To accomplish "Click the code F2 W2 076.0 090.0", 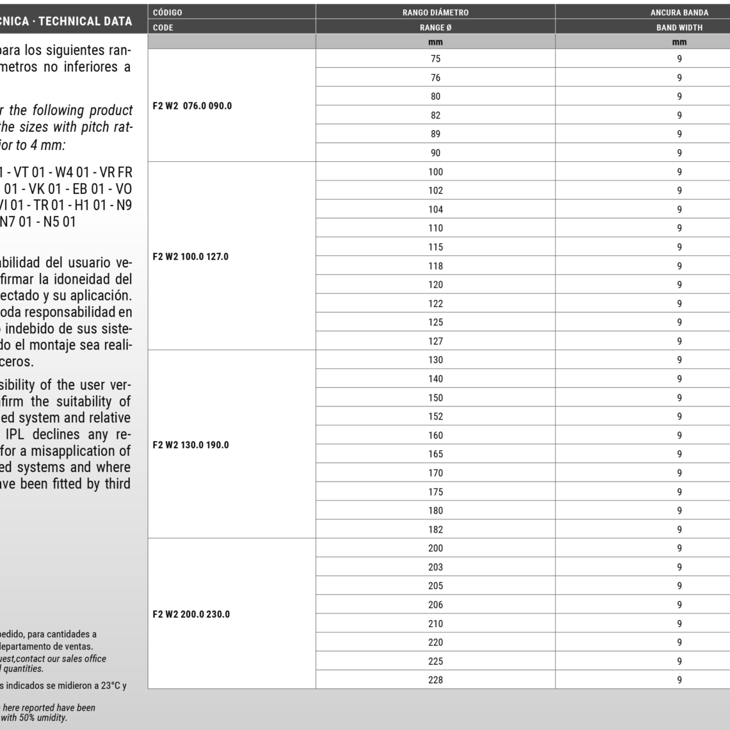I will pos(192,106).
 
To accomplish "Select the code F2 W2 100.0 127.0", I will pos(191,256).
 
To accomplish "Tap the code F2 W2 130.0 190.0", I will pos(191,444).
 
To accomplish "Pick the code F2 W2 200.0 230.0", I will pos(191,614).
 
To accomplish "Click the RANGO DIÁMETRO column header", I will pos(435,12).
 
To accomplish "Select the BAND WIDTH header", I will pos(679,28).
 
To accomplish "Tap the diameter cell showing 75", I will pos(435,59).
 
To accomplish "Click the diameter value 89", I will pos(435,134).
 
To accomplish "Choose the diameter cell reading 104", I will pos(435,209).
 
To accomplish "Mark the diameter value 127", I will pos(435,341).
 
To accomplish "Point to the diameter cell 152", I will pos(435,416).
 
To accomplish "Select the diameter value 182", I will pos(435,530).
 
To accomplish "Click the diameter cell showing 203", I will pos(435,567).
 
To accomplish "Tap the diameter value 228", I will pos(435,680).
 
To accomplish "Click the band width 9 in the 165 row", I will pos(679,454).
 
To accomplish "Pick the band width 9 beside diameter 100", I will pos(679,172).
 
